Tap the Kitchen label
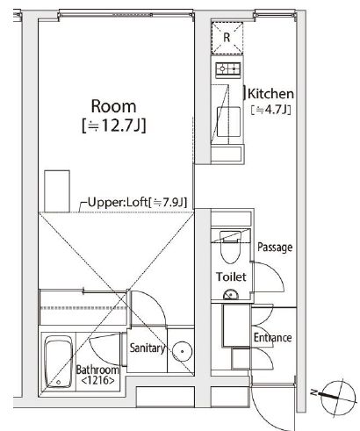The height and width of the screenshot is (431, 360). pos(271,93)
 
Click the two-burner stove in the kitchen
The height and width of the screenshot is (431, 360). pos(227,68)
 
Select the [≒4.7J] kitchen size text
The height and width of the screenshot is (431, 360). pos(270,110)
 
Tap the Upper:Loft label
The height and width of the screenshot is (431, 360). pos(136,204)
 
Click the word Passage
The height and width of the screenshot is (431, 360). pos(274,248)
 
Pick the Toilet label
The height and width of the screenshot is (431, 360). pos(232,277)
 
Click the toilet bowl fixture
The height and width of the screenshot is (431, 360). pos(230,248)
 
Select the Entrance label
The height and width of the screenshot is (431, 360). pos(273,338)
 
